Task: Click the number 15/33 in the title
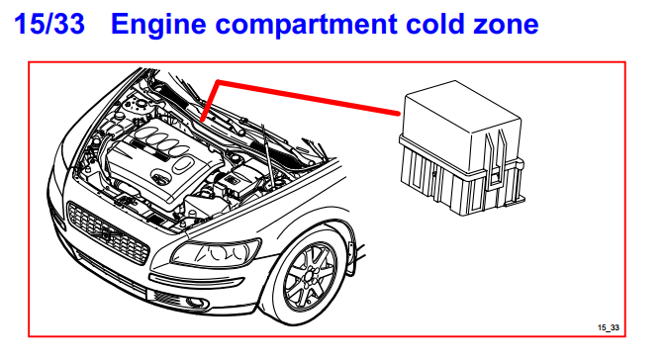tap(49, 24)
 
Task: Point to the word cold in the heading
tap(434, 24)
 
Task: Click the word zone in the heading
tap(506, 27)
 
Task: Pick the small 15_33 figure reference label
tap(609, 327)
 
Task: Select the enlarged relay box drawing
tap(461, 148)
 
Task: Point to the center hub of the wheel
tap(310, 278)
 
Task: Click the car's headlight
tap(216, 252)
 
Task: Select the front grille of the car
tap(108, 232)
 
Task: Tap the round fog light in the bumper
tap(196, 302)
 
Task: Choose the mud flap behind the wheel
tap(351, 259)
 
